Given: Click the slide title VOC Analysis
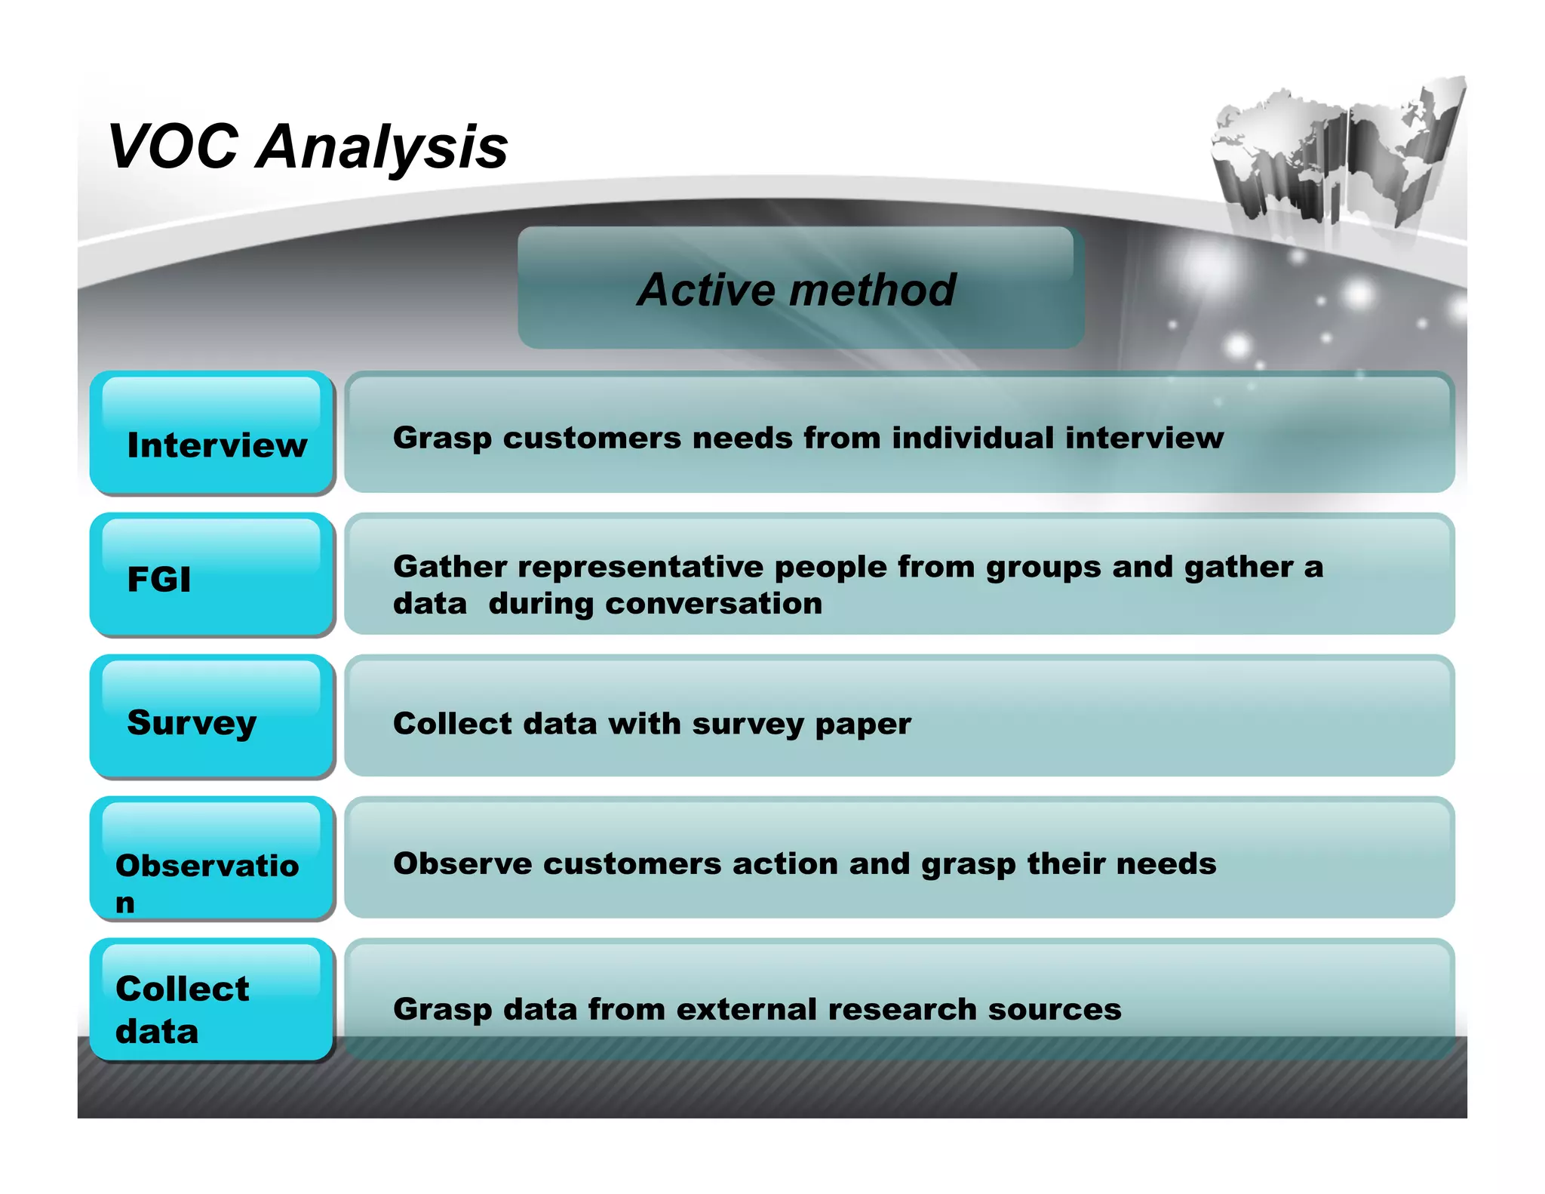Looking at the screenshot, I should (x=308, y=147).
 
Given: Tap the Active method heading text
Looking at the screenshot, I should (x=797, y=290).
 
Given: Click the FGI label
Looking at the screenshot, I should (x=159, y=580).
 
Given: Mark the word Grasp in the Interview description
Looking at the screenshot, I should (x=442, y=439).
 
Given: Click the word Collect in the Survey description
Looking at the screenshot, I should (x=452, y=723).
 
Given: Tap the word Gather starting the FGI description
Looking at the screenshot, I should (x=450, y=567).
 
